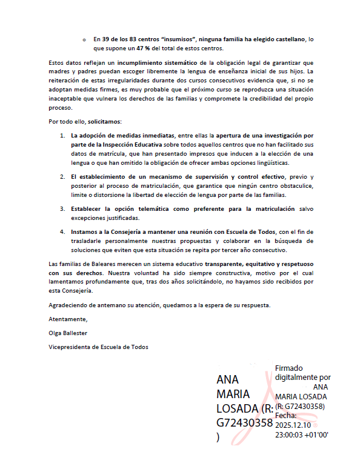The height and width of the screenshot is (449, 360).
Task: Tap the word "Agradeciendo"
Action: point(68,305)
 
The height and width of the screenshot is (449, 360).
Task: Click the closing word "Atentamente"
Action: point(67,319)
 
